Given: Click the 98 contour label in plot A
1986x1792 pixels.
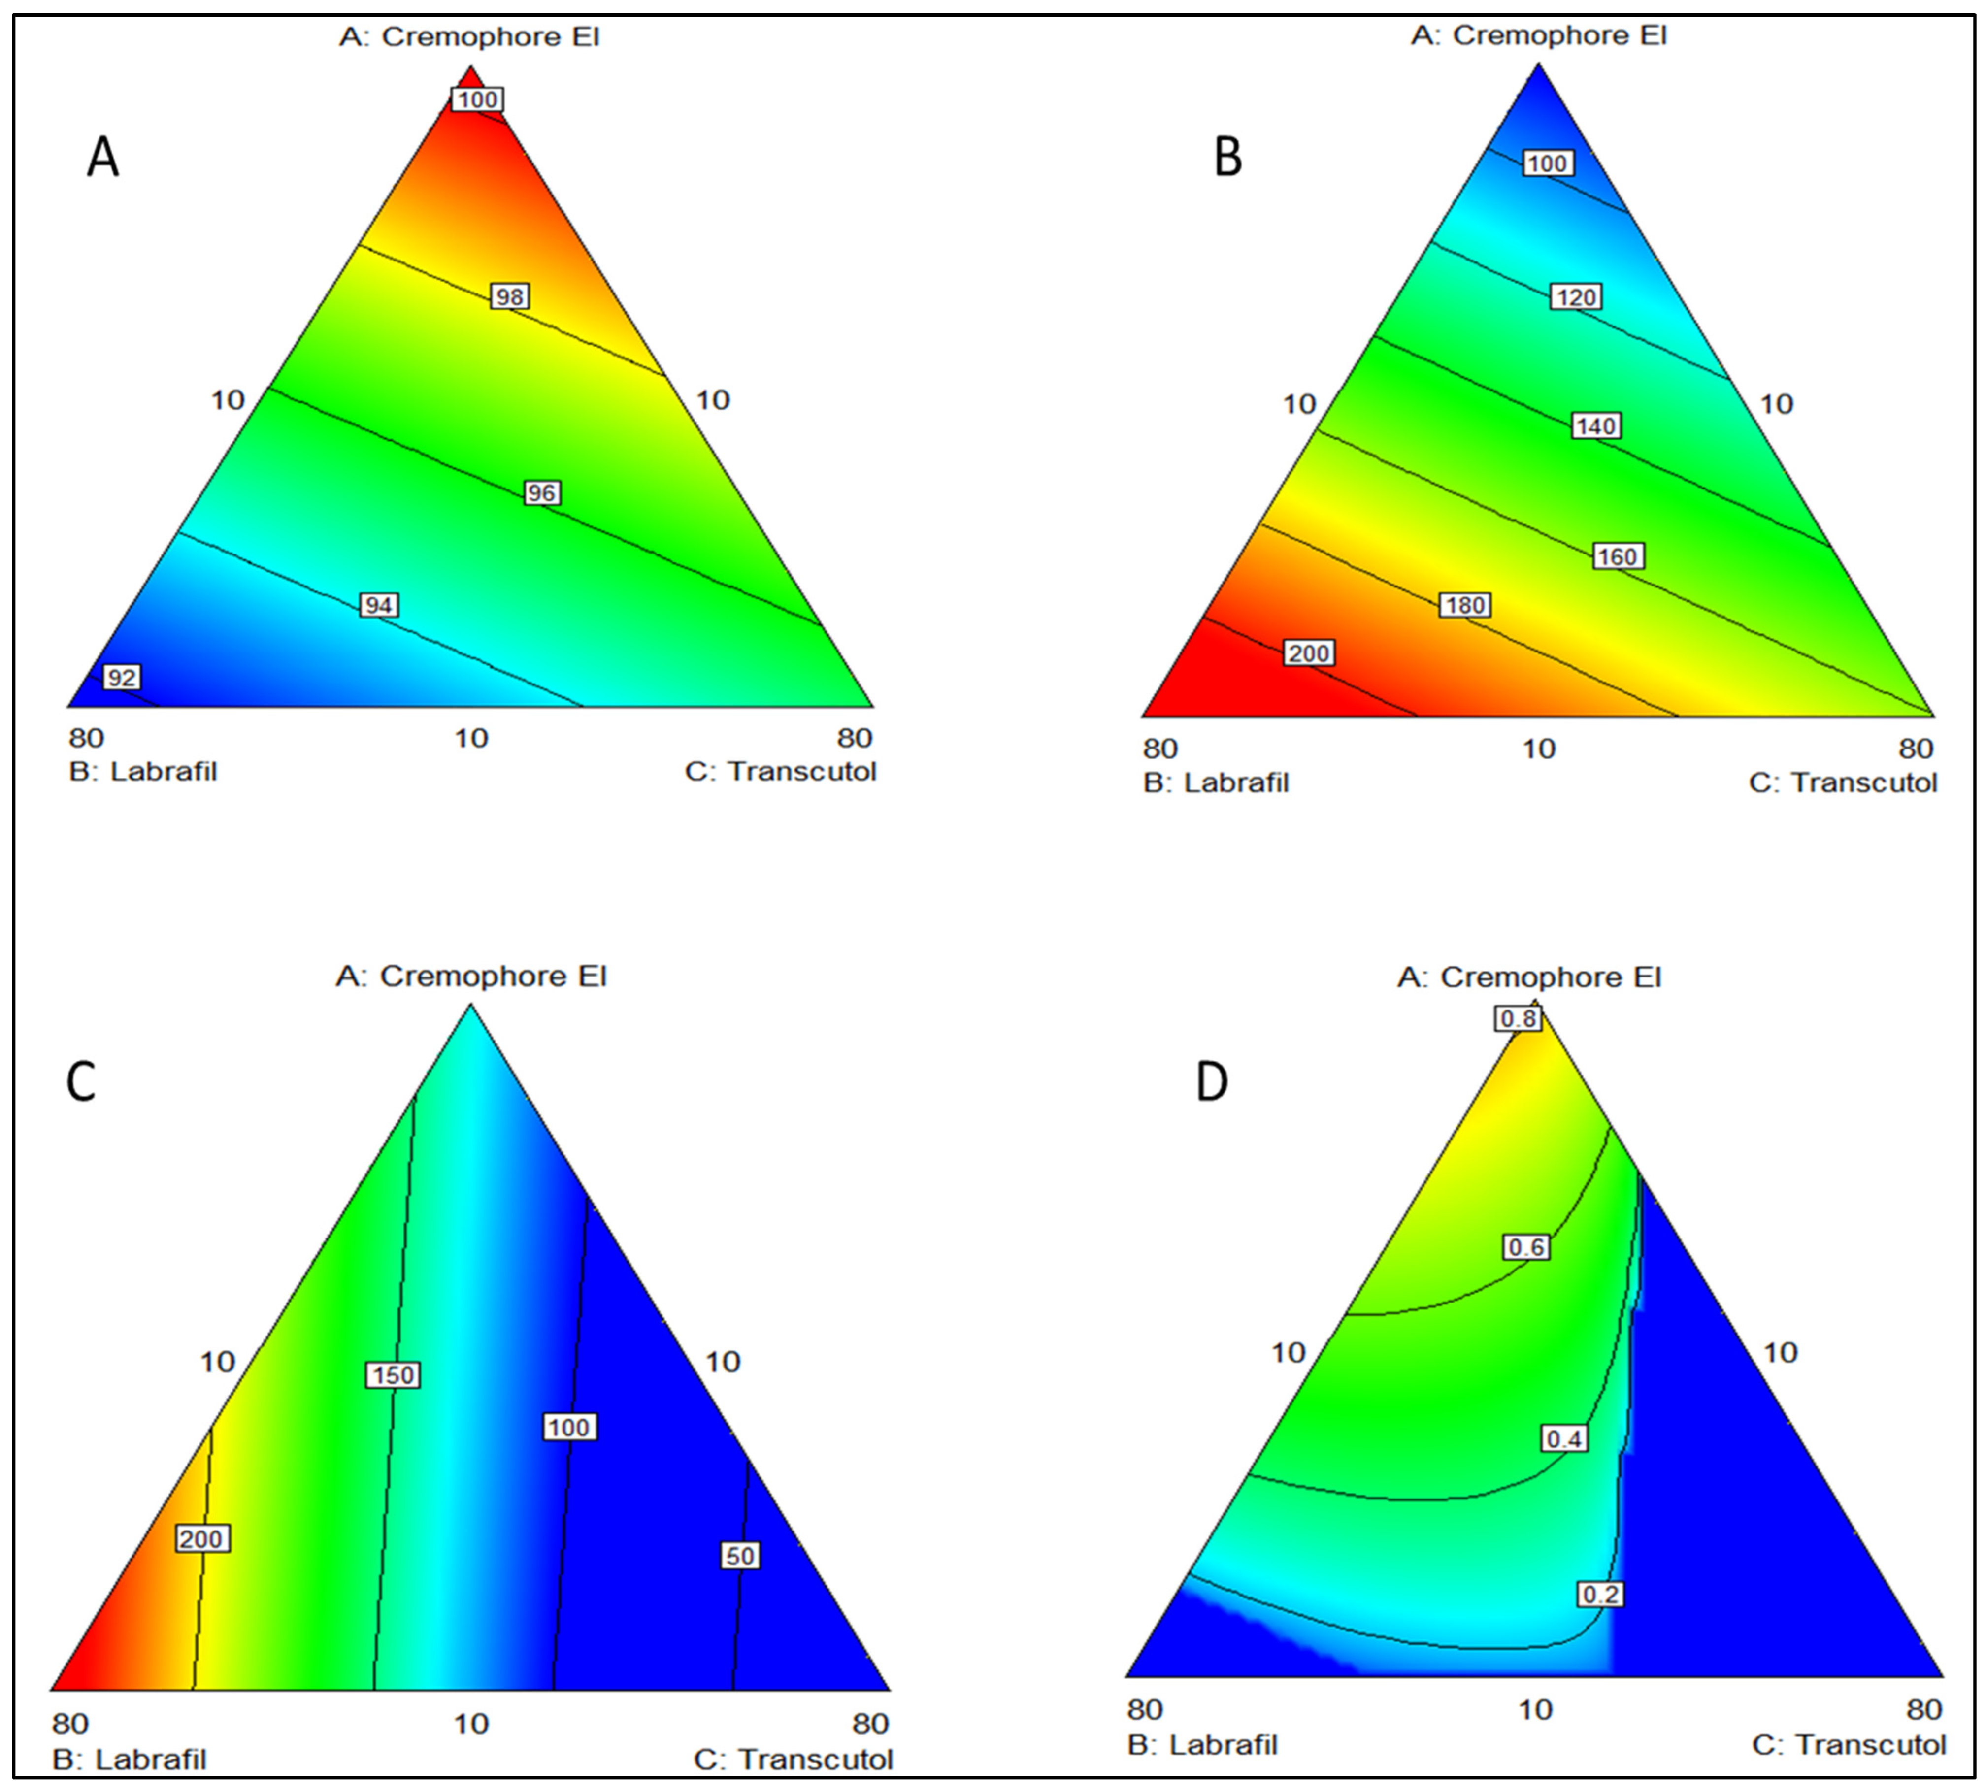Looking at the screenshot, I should (x=509, y=296).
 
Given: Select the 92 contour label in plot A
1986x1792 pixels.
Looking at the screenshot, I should (x=122, y=678).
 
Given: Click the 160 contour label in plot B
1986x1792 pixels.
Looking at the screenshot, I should (x=1617, y=556).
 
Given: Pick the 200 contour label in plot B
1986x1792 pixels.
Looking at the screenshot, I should (x=1309, y=653).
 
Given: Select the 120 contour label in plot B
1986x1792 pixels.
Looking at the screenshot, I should (x=1574, y=296).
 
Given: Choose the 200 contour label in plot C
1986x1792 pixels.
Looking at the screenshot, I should (x=202, y=1539).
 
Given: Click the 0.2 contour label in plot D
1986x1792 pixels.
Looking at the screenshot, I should (x=1600, y=1594).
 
